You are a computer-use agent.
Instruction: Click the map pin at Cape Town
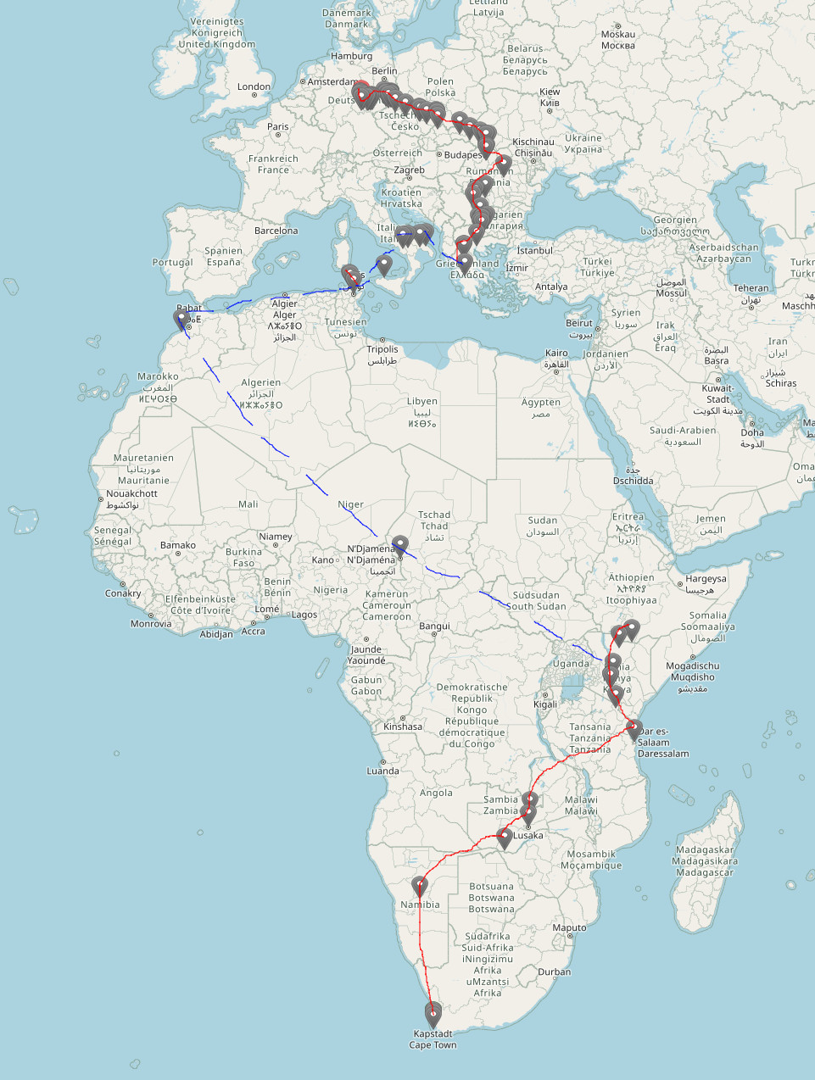pyautogui.click(x=433, y=1012)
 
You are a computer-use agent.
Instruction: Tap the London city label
pyautogui.click(x=254, y=86)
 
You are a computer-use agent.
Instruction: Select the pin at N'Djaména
pyautogui.click(x=399, y=544)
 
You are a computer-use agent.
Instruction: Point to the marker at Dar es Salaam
pyautogui.click(x=634, y=728)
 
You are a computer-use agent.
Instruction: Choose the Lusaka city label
pyautogui.click(x=528, y=835)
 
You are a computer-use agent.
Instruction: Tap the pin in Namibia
pyautogui.click(x=419, y=886)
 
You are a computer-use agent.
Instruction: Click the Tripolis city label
pyautogui.click(x=382, y=349)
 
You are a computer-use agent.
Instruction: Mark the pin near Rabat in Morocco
pyautogui.click(x=181, y=319)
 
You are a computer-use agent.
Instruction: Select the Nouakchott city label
pyautogui.click(x=131, y=493)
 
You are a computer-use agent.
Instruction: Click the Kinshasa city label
pyautogui.click(x=403, y=726)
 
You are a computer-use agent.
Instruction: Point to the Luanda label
pyautogui.click(x=382, y=771)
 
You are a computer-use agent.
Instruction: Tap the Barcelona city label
pyautogui.click(x=276, y=231)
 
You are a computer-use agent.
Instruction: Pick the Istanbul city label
pyautogui.click(x=534, y=250)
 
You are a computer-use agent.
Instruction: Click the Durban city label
pyautogui.click(x=554, y=971)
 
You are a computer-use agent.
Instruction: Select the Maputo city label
pyautogui.click(x=569, y=927)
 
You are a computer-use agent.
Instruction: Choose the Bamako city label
pyautogui.click(x=178, y=545)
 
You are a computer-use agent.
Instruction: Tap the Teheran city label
pyautogui.click(x=751, y=288)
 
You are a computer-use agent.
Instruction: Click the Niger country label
pyautogui.click(x=350, y=504)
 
